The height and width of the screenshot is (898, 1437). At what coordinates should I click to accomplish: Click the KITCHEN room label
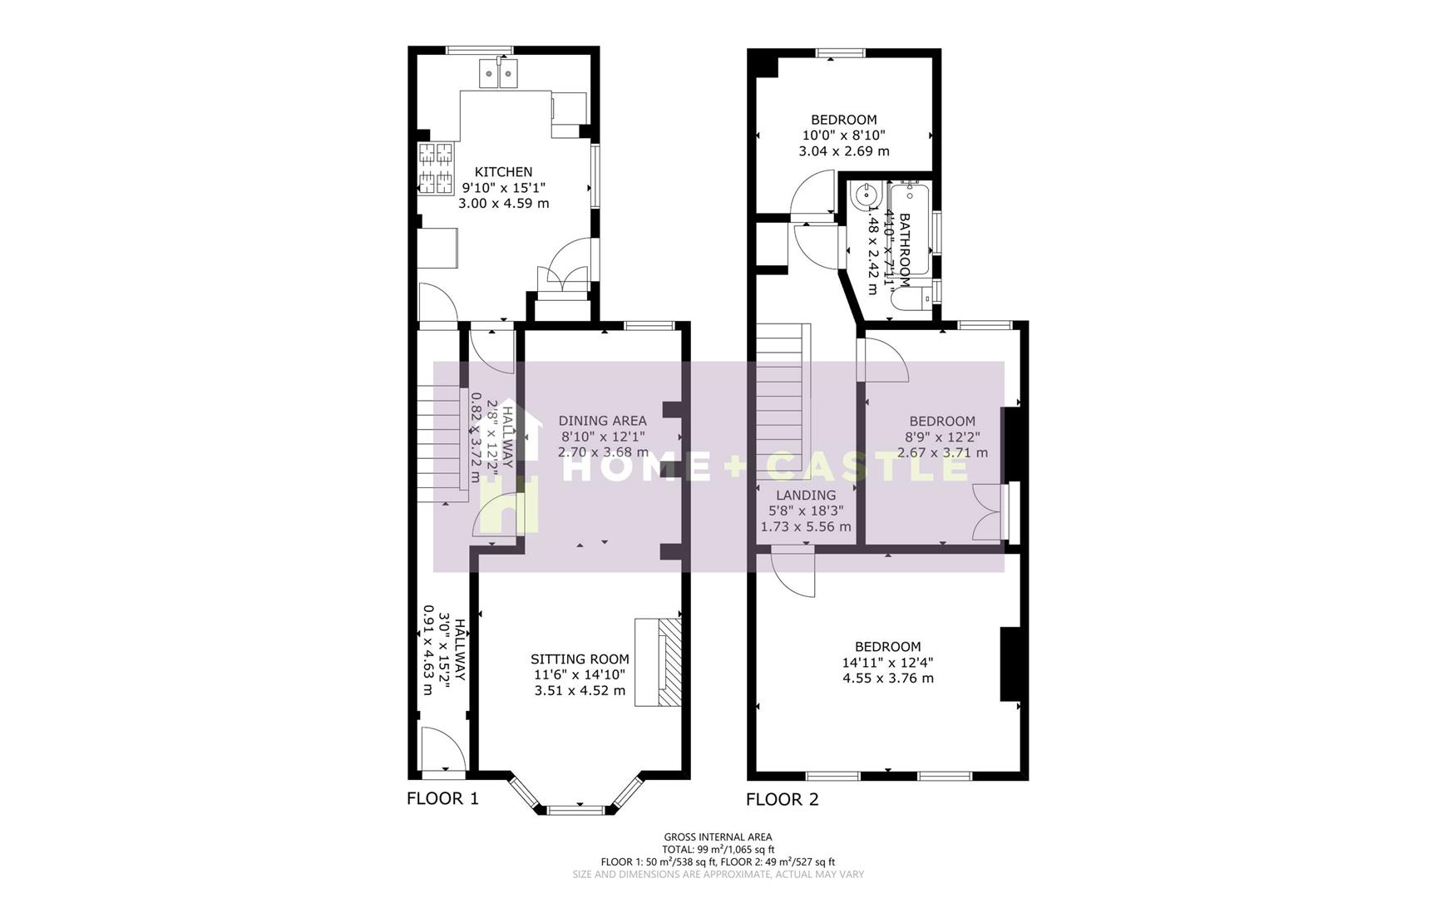(x=503, y=172)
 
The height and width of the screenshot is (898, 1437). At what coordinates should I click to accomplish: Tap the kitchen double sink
(x=499, y=75)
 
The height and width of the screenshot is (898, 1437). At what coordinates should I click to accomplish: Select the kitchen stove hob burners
(x=436, y=169)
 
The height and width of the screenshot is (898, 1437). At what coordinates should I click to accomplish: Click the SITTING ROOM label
(x=580, y=659)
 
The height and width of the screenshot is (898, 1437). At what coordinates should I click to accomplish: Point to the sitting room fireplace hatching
(x=669, y=662)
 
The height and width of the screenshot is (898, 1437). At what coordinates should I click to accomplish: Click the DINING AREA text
(x=602, y=421)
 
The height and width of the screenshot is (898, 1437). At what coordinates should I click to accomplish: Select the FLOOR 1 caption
(x=442, y=800)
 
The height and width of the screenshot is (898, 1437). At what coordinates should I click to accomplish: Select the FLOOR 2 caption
(x=782, y=800)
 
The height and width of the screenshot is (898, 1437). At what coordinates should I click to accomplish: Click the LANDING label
(x=806, y=496)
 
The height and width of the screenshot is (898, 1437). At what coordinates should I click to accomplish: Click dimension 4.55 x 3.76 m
(x=887, y=678)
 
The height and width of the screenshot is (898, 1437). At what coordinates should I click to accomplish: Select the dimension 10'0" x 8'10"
(x=843, y=136)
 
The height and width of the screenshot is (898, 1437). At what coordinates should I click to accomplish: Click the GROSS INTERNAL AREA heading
(x=718, y=837)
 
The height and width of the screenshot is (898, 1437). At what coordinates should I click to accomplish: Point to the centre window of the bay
(x=575, y=808)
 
